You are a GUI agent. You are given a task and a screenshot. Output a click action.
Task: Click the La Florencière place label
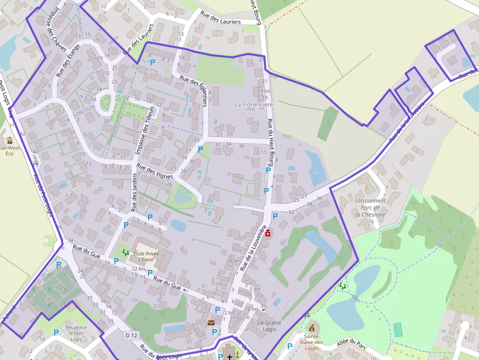coord(254,105)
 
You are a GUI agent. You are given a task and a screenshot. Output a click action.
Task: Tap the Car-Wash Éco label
coord(10,150)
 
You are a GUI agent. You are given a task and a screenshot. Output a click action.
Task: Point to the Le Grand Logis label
coord(269,326)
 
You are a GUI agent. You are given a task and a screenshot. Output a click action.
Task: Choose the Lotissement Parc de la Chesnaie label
coord(370,207)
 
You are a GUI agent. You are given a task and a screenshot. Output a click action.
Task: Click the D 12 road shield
coord(131,336)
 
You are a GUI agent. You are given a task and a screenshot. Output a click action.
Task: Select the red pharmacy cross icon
coord(268,234)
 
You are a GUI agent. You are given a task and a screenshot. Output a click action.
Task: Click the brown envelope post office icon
coord(211,322)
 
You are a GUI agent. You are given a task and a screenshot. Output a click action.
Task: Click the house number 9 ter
coord(235,261)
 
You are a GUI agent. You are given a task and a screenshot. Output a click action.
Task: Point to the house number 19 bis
coord(263,91)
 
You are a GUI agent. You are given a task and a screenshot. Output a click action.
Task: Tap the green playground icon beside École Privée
coord(125,252)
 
